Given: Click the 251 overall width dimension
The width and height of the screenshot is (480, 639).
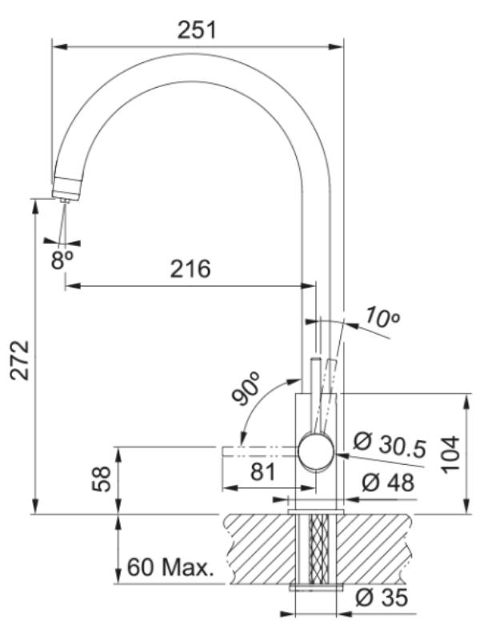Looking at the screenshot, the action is [196, 30].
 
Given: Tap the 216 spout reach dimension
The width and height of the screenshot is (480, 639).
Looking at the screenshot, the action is [190, 269].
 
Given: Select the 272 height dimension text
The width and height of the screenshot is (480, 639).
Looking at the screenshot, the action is [19, 360].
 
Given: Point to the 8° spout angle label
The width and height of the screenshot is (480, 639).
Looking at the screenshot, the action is [62, 260].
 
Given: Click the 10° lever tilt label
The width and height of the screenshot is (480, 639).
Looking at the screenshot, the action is [382, 317].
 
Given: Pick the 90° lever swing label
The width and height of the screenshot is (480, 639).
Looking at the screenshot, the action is [246, 388].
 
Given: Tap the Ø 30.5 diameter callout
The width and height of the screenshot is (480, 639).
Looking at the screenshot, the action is [390, 444].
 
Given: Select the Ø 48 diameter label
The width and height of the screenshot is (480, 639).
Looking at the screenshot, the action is [388, 482].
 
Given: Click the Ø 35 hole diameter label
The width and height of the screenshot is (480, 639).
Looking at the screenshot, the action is [382, 597].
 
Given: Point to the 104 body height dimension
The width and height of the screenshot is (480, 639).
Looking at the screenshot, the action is [450, 454].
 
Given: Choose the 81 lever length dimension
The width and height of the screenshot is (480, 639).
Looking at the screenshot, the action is [263, 472].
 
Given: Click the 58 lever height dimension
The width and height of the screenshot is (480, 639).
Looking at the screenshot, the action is [102, 480].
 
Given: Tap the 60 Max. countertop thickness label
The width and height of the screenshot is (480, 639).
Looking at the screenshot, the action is [170, 567].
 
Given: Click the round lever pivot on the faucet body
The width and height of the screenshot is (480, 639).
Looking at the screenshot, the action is [317, 452].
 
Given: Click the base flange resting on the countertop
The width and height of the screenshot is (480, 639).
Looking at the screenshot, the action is [316, 512].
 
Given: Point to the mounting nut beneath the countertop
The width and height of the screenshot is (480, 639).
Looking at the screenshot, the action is [316, 587].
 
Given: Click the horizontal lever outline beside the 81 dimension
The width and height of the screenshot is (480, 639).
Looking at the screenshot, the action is [259, 452].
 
